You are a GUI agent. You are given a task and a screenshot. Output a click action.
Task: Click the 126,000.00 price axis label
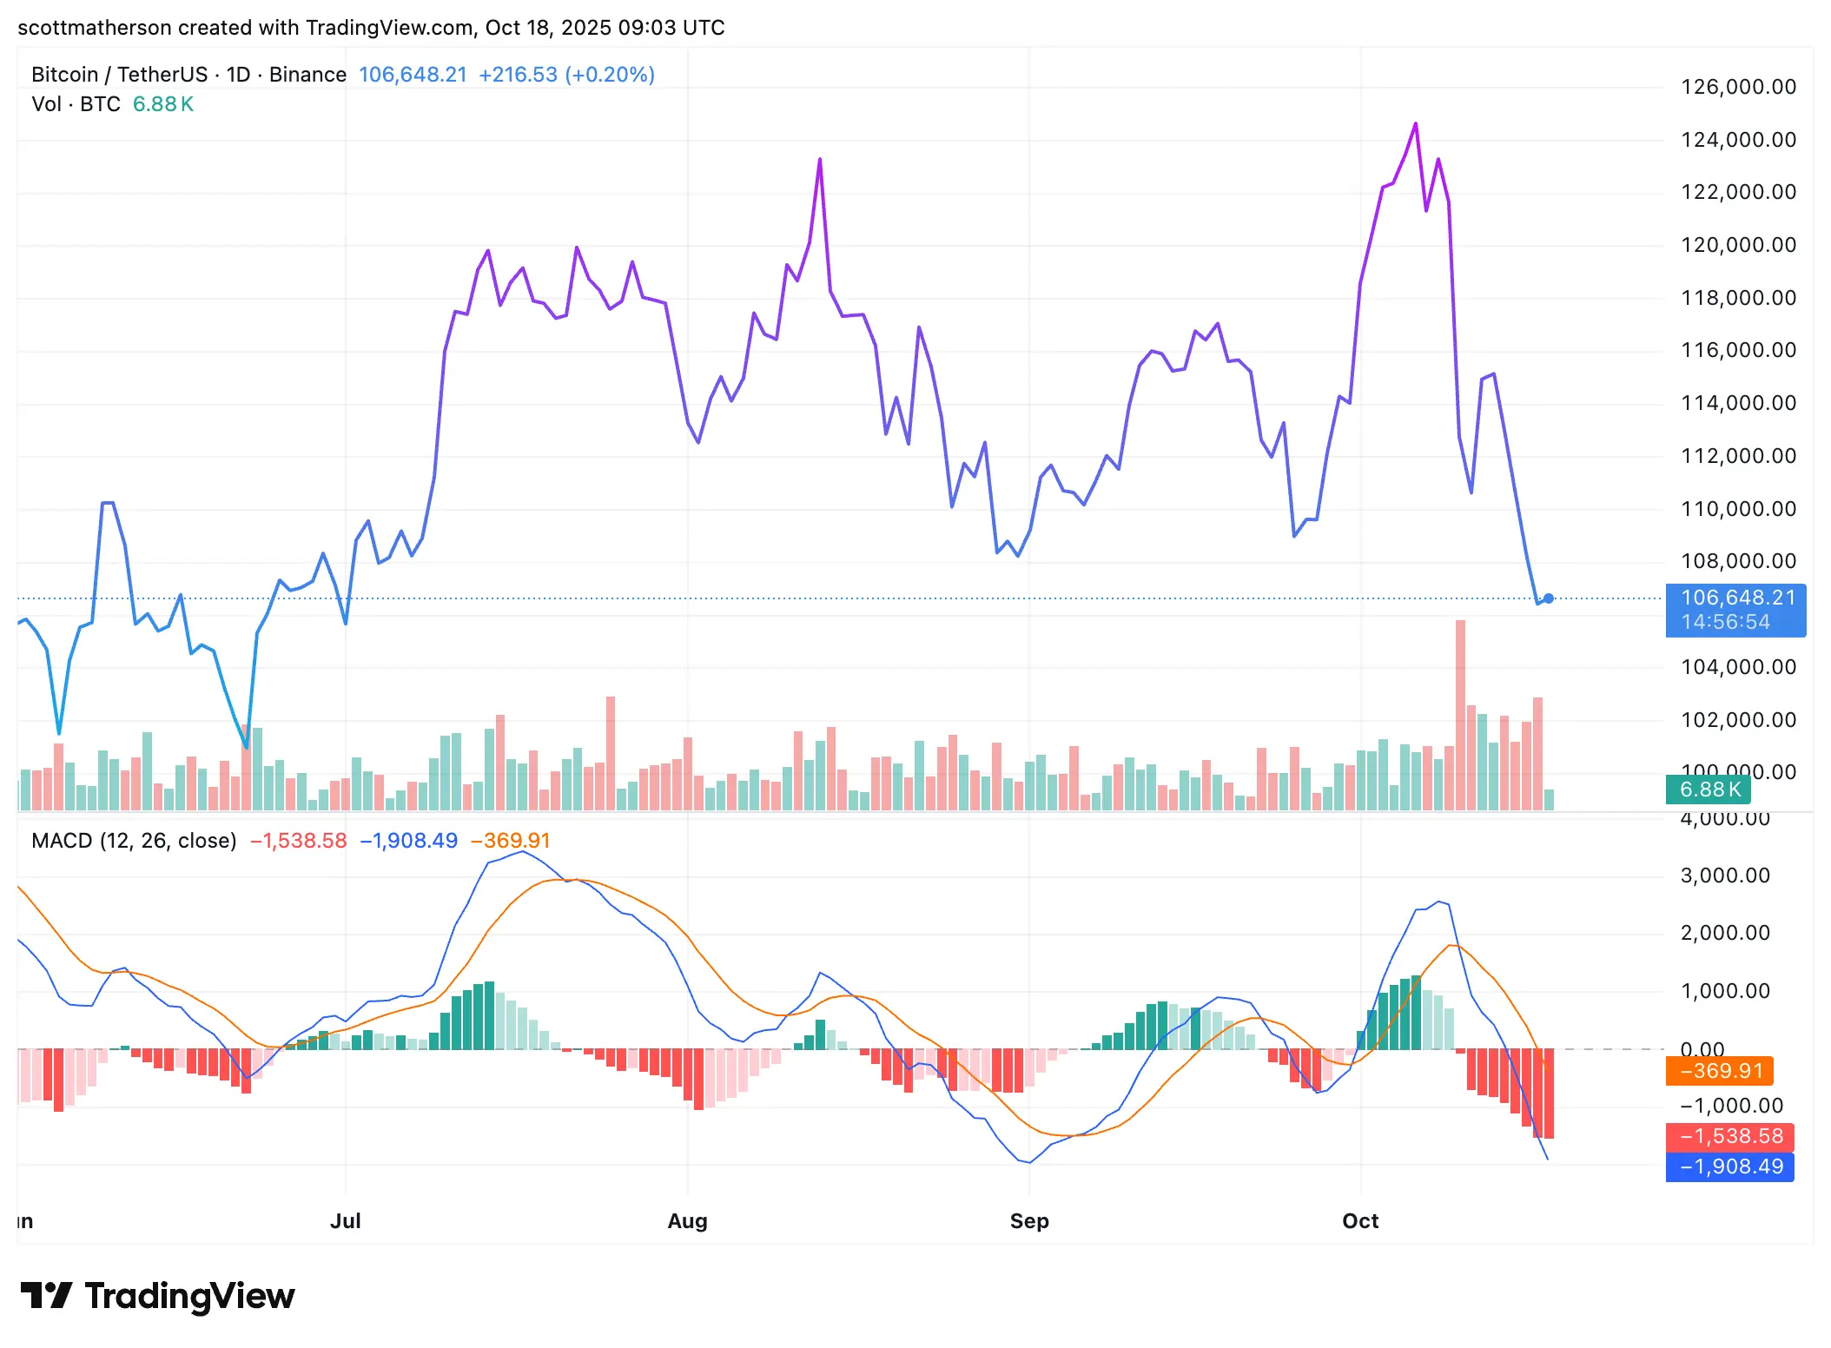(1738, 87)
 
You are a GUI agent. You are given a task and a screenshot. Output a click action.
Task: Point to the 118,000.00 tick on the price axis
(1738, 298)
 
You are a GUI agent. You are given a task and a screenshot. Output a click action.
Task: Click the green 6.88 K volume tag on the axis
(1708, 790)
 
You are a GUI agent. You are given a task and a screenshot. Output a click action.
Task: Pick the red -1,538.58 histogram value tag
(1729, 1136)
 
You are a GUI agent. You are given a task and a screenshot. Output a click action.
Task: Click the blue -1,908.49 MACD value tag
(1729, 1166)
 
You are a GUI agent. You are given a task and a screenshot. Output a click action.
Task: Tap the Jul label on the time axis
(345, 1221)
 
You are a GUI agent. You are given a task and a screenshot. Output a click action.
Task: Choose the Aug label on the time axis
(687, 1221)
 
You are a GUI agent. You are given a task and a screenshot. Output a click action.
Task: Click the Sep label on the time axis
(1029, 1221)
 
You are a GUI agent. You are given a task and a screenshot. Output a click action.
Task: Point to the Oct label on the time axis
(1360, 1221)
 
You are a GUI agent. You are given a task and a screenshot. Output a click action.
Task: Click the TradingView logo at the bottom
(158, 1296)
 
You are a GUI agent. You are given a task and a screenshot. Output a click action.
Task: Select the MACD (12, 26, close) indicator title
(134, 841)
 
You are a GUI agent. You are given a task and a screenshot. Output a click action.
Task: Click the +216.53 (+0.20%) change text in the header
(566, 75)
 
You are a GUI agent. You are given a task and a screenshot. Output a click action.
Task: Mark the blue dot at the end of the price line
(1548, 598)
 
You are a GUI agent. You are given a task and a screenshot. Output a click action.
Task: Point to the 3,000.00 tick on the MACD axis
(1725, 876)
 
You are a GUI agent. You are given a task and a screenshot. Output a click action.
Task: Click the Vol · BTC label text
(76, 104)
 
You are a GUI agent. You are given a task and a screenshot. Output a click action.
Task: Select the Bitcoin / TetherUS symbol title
(119, 75)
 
